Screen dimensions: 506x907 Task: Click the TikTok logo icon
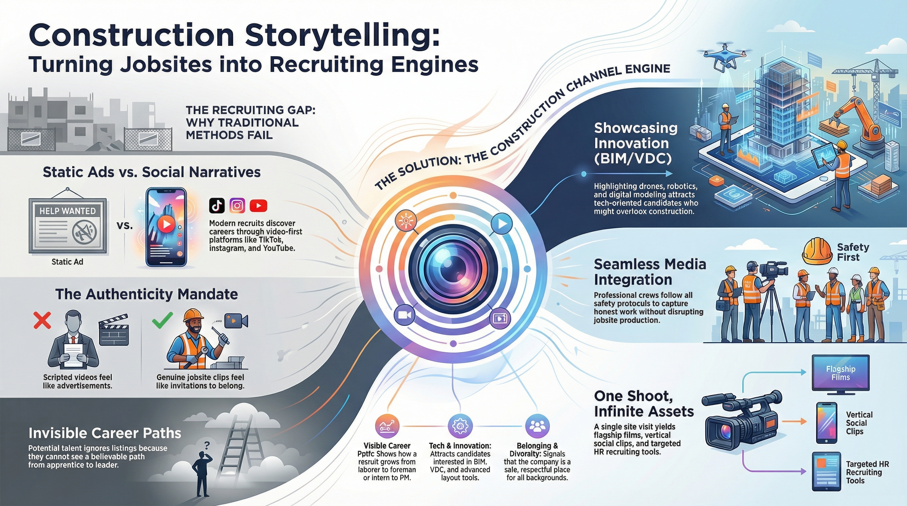[217, 206]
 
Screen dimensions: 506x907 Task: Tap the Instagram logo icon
[237, 206]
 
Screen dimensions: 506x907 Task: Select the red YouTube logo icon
[258, 206]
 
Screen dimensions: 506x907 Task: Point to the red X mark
[42, 320]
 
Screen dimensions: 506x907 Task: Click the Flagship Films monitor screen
[840, 373]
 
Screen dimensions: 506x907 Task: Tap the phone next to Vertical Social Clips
[826, 423]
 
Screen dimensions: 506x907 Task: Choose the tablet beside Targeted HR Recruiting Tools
[826, 471]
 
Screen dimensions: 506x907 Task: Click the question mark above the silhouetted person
[207, 444]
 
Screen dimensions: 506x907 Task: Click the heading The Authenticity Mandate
[146, 294]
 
